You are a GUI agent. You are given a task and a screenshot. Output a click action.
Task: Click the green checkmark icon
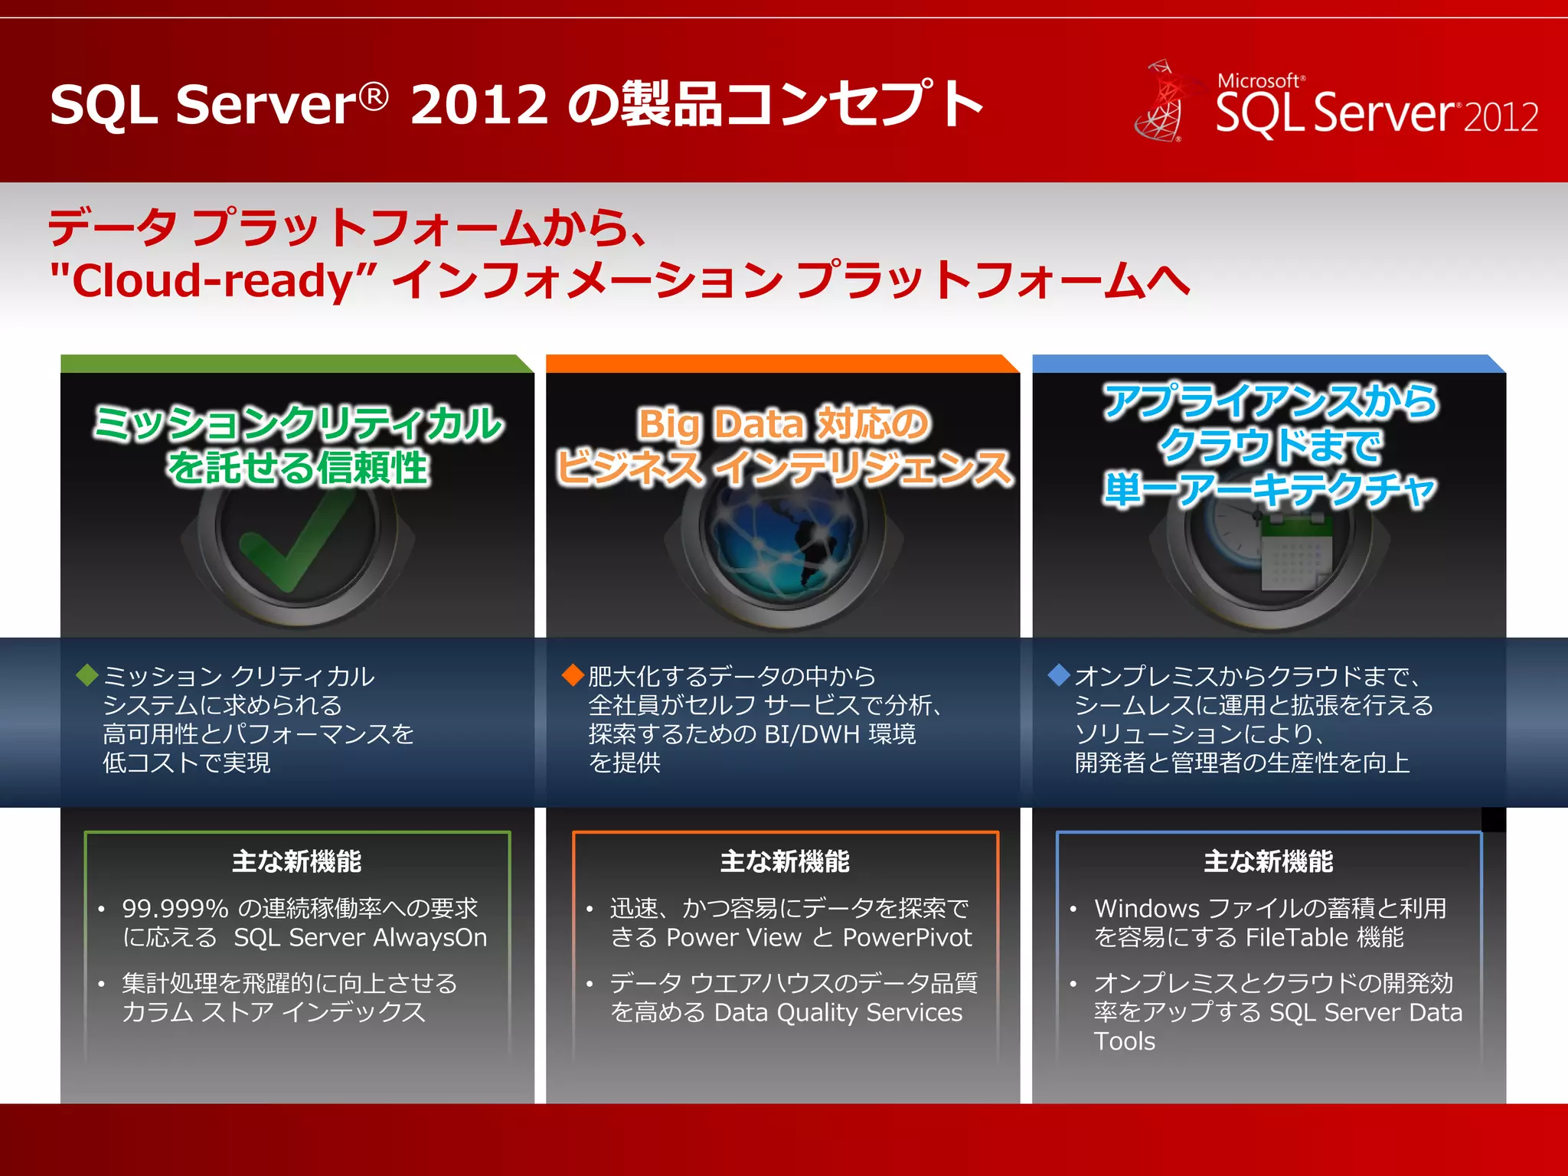click(x=295, y=544)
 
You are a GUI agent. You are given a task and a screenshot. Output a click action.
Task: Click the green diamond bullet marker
click(x=87, y=675)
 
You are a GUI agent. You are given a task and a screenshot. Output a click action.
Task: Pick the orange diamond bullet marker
click(x=573, y=675)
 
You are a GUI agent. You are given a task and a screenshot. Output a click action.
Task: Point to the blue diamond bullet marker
click(x=1059, y=675)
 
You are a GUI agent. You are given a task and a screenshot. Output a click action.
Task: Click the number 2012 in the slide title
click(x=479, y=104)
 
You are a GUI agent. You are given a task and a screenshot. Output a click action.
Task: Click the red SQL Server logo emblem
click(x=1159, y=103)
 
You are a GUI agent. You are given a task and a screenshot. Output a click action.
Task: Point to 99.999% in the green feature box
click(x=175, y=909)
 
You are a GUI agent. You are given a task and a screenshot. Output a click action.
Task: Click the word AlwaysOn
click(x=430, y=938)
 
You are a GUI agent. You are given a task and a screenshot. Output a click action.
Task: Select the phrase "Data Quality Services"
click(x=838, y=1013)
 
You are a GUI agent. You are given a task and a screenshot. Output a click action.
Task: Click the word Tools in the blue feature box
click(x=1124, y=1042)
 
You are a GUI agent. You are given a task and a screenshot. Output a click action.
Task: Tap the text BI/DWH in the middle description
click(x=812, y=734)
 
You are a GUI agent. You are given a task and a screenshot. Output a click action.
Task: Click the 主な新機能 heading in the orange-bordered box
click(x=785, y=862)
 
